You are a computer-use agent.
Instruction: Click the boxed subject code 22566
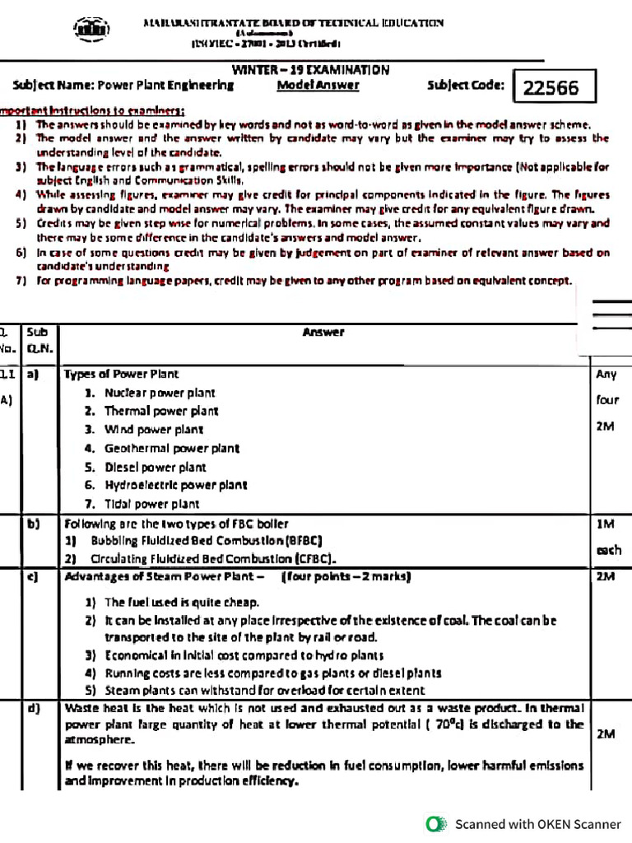(551, 87)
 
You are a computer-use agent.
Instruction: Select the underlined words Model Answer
(318, 85)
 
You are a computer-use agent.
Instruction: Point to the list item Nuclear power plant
(159, 393)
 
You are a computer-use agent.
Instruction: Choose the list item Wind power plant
(153, 429)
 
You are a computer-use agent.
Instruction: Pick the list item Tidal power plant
(151, 504)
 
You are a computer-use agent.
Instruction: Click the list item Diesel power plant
(155, 467)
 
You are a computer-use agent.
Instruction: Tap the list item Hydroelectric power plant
(175, 485)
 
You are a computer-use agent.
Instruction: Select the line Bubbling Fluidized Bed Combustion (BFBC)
(205, 541)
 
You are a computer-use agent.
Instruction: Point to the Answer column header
(323, 333)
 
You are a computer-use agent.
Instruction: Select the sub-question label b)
(35, 524)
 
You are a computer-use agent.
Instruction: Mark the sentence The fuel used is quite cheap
(181, 602)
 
